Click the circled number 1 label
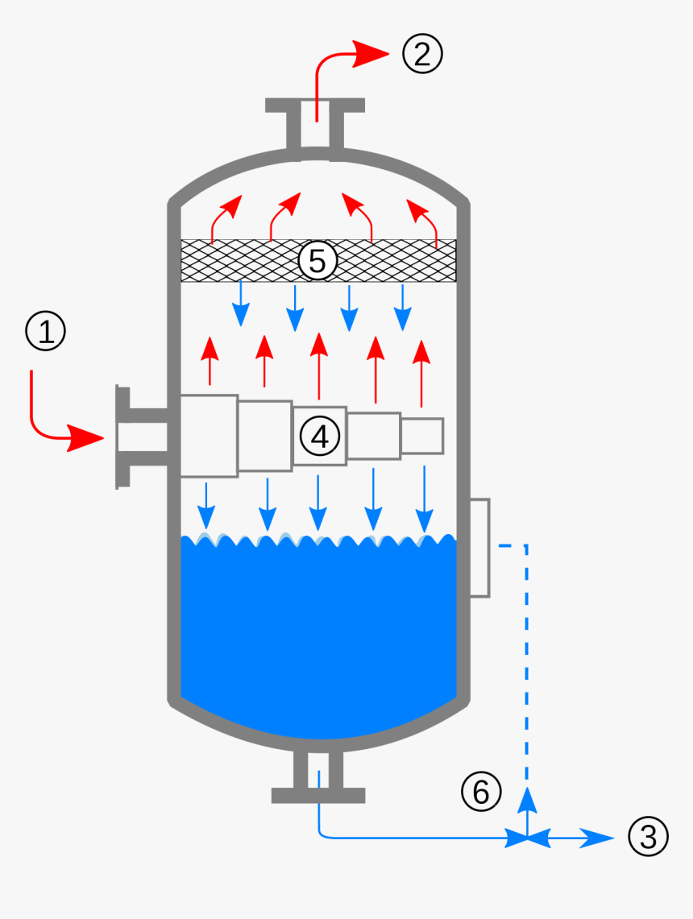pos(46,332)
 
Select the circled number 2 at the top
pos(423,53)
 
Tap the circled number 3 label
pos(648,837)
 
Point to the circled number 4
pos(320,436)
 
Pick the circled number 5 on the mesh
pos(317,261)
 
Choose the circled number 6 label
pos(480,793)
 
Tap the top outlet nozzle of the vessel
pos(316,125)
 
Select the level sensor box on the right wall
pos(479,548)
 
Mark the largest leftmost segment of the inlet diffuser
pos(209,435)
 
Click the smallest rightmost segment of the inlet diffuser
pos(422,435)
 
